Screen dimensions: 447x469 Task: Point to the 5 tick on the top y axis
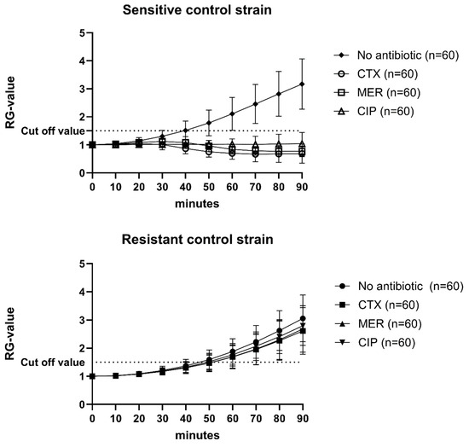click(x=82, y=33)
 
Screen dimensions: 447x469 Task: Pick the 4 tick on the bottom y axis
click(x=82, y=292)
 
